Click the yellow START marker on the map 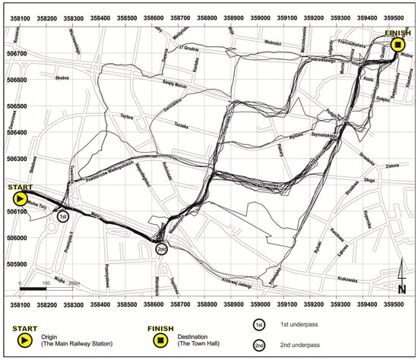(17, 198)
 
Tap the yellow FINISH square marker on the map (397, 46)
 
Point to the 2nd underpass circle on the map (161, 248)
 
